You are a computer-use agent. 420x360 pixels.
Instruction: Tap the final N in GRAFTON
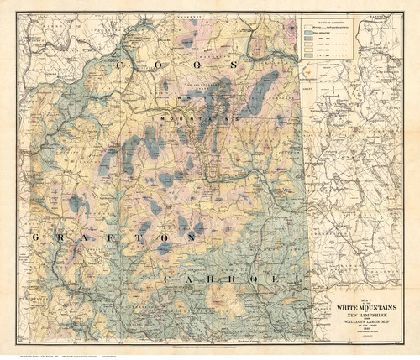(x=195, y=239)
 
